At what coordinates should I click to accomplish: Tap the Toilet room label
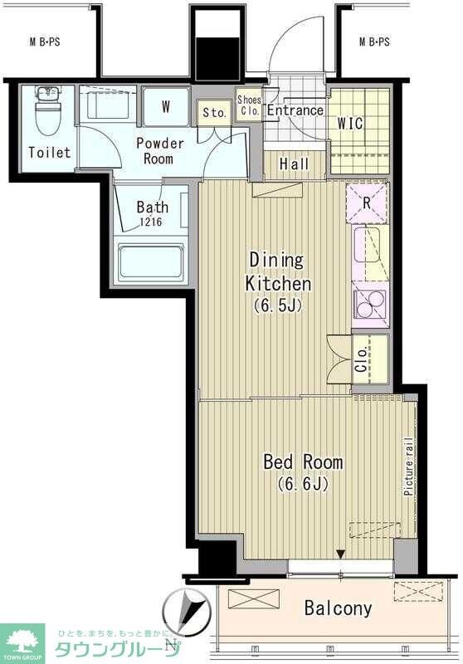coord(49,152)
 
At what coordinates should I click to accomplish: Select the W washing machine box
coord(165,107)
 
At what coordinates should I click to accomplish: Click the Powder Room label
coord(160,151)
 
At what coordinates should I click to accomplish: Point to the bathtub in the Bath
coord(151,261)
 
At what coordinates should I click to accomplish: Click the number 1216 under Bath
coord(151,221)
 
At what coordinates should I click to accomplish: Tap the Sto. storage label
coord(215,113)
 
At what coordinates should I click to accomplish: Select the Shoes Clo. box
coord(249,106)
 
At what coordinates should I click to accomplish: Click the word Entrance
coord(295,110)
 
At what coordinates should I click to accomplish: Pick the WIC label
coord(350,124)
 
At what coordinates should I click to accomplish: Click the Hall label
coord(294,164)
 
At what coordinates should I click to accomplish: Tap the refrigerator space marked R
coord(367,203)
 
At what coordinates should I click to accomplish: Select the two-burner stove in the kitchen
coord(369,305)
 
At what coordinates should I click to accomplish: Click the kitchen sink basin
coord(367,245)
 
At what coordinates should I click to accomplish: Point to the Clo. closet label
coord(362,360)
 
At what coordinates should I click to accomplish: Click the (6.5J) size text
coord(278,305)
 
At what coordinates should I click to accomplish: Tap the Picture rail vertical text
coord(408,466)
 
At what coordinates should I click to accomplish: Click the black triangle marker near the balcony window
coord(340,554)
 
